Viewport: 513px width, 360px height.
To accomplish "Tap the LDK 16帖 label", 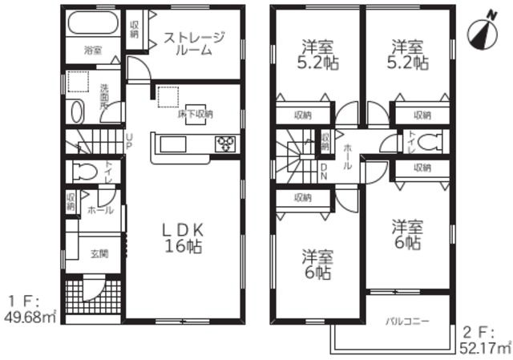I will coord(184,237).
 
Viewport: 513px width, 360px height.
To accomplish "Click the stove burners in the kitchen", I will coord(224,144).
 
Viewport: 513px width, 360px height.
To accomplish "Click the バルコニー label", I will coord(407,322).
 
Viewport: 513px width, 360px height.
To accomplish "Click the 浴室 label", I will coord(93,51).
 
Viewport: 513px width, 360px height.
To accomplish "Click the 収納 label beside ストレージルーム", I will coord(134,29).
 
